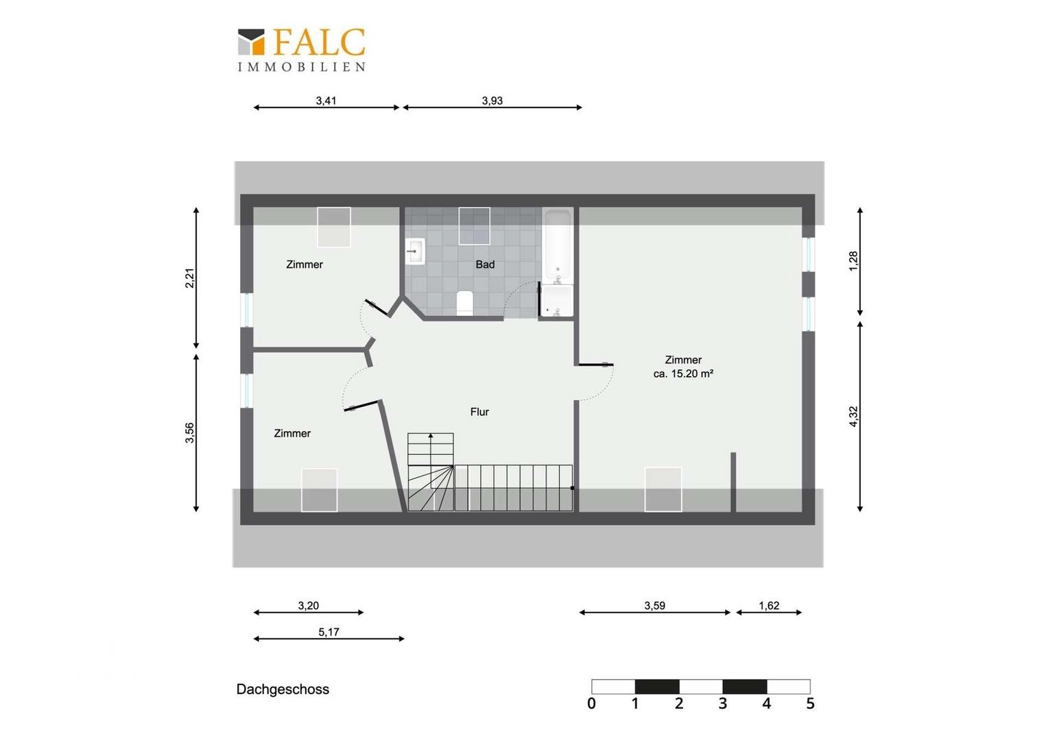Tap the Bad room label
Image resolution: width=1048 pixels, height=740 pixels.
coord(485,264)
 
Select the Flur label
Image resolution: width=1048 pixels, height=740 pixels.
coord(479,412)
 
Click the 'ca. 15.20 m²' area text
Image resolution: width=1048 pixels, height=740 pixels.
coord(683,373)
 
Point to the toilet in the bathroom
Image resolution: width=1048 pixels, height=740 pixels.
coord(464,303)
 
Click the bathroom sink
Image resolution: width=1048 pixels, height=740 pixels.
coord(415,251)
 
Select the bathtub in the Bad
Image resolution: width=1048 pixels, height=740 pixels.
coord(558,245)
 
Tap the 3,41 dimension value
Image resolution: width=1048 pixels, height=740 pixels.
coord(326,101)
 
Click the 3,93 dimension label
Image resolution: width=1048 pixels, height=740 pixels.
coord(492,101)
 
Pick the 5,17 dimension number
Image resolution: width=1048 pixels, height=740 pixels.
coord(329,632)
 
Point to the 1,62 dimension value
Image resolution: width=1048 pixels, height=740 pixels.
coord(769,606)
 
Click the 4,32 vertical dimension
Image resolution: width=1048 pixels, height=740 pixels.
coord(853,417)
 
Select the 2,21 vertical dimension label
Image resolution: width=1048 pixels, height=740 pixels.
coord(189,278)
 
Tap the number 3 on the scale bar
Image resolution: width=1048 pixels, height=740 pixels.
coord(723,704)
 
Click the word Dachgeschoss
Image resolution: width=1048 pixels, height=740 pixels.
coord(283,689)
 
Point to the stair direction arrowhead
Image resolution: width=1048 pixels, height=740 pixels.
coord(431,436)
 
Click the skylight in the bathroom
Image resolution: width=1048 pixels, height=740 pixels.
coord(474,226)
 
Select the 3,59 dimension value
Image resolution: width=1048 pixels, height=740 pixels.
coord(654,606)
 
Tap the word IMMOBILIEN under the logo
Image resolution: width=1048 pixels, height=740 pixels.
coord(302,67)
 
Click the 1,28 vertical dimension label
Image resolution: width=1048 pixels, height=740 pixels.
coord(853,261)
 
